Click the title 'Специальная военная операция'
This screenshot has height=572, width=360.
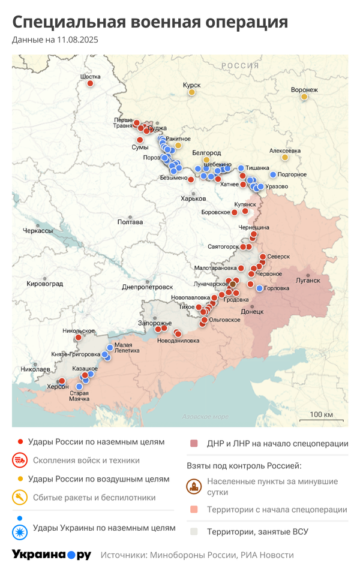pos(150,22)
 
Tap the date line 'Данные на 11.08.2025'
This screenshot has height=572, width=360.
pos(55,40)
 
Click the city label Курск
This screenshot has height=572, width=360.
pos(191,85)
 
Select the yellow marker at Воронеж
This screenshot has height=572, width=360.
pos(304,97)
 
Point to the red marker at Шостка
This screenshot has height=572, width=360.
pos(90,83)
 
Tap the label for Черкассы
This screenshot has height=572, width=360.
pos(37,231)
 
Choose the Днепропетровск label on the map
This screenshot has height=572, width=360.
pos(147,287)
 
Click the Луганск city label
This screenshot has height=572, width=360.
pos(308,280)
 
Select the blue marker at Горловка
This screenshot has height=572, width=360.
pos(259,288)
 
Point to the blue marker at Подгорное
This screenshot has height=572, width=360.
pos(273,174)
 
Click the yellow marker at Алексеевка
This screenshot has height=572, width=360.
pos(285,158)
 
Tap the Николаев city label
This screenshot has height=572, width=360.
pos(35,369)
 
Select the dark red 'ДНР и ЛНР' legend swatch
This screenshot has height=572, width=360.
pos(194,444)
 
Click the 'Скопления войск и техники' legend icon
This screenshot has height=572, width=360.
pos(20,460)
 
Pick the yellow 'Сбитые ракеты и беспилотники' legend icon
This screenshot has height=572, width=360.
pos(20,497)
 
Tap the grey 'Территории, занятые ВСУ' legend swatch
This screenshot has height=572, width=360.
pos(194,531)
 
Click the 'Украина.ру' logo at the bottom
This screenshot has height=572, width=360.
pos(52,555)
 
